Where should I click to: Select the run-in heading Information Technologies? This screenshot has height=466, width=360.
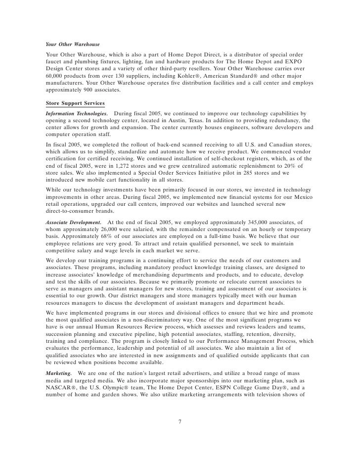point(77,113)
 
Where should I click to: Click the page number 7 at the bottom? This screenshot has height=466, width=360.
point(180,422)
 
